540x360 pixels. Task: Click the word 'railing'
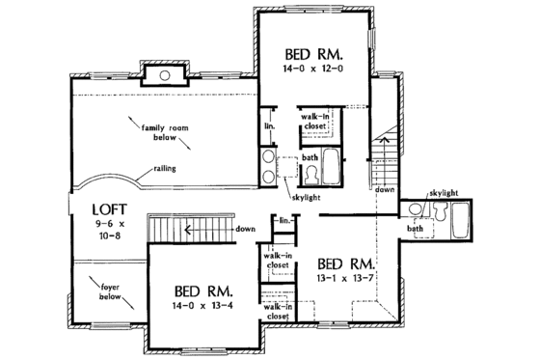[x=165, y=170]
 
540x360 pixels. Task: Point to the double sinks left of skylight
[x=265, y=166]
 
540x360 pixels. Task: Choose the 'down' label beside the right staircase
[x=385, y=191]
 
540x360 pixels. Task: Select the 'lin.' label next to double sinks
[x=270, y=125]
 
